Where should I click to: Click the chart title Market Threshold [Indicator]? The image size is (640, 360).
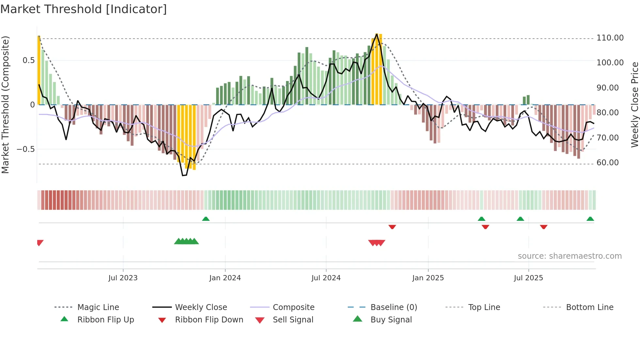coord(84,9)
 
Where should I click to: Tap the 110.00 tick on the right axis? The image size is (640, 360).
coord(610,38)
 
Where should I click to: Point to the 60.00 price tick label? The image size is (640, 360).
coord(607,163)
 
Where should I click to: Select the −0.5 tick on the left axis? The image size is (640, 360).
coord(25,149)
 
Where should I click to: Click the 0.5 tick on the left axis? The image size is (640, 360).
coord(28,60)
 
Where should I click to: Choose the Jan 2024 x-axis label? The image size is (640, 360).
coord(225,278)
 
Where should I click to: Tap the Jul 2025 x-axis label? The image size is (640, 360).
coord(528,278)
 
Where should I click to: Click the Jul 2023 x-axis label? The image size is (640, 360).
coord(123,278)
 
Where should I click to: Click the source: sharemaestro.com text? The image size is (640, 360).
coord(569,256)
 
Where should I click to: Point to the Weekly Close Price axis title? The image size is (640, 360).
coord(634,105)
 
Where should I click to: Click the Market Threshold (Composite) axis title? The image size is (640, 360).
coord(5,105)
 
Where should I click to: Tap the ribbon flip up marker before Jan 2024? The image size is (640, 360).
coord(206,219)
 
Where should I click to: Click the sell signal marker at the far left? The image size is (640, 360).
coord(40,242)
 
